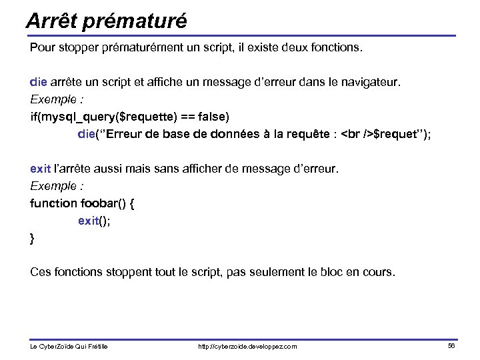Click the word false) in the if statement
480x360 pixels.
[x=210, y=117]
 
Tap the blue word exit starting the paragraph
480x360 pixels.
[x=40, y=169]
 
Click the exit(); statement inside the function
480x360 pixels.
[x=94, y=221]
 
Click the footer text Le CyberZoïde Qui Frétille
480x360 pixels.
[x=69, y=346]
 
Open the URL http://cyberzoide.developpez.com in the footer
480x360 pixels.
[x=248, y=346]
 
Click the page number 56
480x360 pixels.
[x=451, y=345]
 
